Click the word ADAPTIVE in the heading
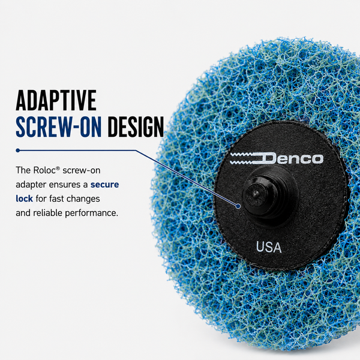pos(56,100)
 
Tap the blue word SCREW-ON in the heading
pos(59,127)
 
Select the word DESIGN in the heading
pos(136,127)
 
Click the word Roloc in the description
pos(44,170)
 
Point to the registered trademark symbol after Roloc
pos(58,168)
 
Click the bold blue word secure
pos(104,185)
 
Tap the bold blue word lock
pos(25,199)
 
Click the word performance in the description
pos(91,213)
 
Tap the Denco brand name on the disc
pos(292,158)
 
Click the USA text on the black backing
pos(269,247)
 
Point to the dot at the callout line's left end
pos(17,151)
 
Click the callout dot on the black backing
pos(238,206)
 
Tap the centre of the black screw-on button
pos(257,195)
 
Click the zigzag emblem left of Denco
pos(245,158)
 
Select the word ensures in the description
pos(68,185)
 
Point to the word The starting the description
pos(23,170)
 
